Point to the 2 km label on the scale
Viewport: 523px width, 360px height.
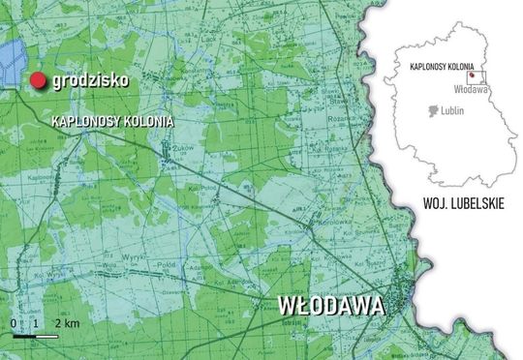(66, 321)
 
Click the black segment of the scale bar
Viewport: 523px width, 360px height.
(24, 335)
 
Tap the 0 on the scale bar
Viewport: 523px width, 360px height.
(15, 321)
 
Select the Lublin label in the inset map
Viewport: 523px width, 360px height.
(450, 111)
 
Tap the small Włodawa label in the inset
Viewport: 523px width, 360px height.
(471, 89)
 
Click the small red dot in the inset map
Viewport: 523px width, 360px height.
(471, 75)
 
